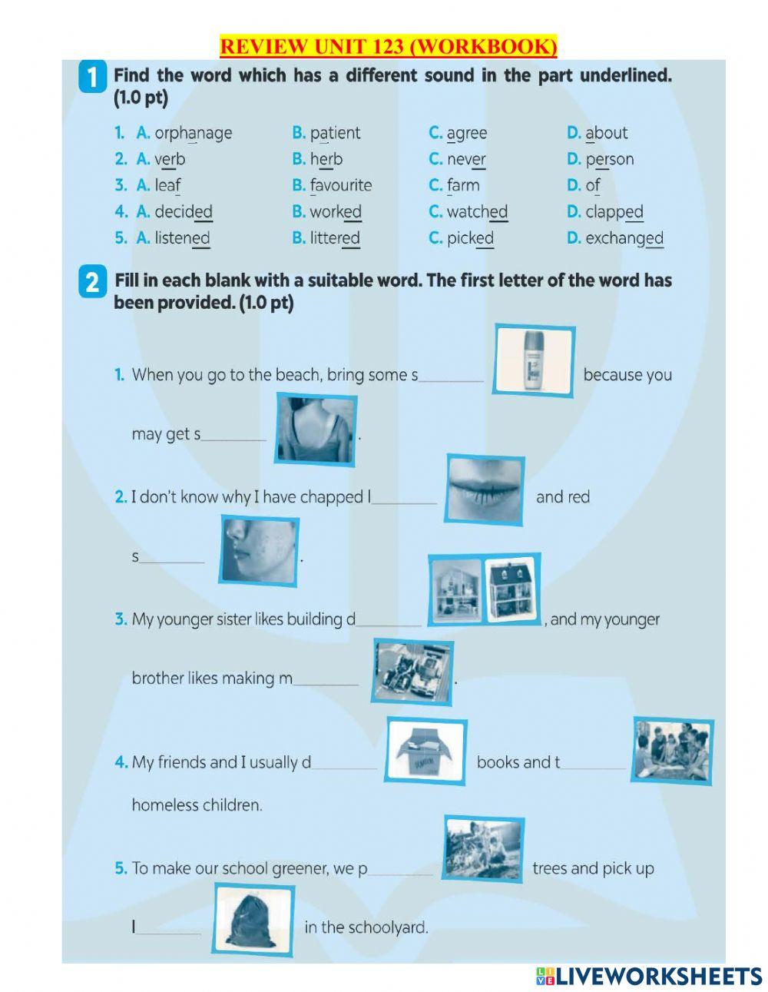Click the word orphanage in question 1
tap(193, 133)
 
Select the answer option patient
tap(335, 133)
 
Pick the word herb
tap(326, 159)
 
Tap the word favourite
tap(341, 185)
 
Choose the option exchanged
tap(624, 238)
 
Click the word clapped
tap(614, 211)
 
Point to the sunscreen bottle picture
tap(534, 360)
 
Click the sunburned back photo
tap(316, 429)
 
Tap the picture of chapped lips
tap(485, 489)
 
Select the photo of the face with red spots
tap(259, 550)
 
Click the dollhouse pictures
tap(484, 589)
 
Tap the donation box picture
tap(426, 751)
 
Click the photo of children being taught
tap(672, 751)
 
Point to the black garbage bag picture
tap(253, 919)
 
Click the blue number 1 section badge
tap(92, 78)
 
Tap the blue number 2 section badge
tap(92, 282)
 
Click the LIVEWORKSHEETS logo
tap(649, 976)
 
